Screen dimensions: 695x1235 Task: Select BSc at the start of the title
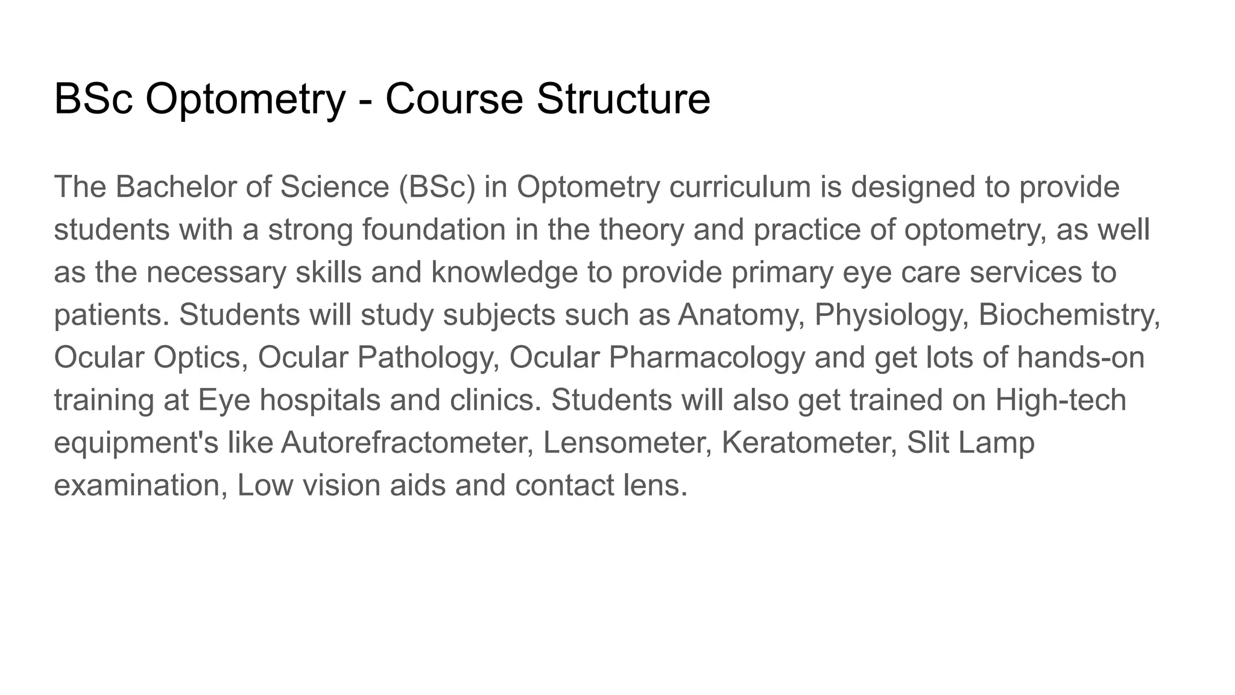(x=93, y=100)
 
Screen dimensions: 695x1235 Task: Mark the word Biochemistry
(x=1069, y=316)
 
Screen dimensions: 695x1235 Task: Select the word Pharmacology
(x=707, y=358)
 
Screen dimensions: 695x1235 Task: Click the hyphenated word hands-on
(x=1081, y=358)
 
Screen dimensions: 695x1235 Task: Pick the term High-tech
(x=1061, y=401)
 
